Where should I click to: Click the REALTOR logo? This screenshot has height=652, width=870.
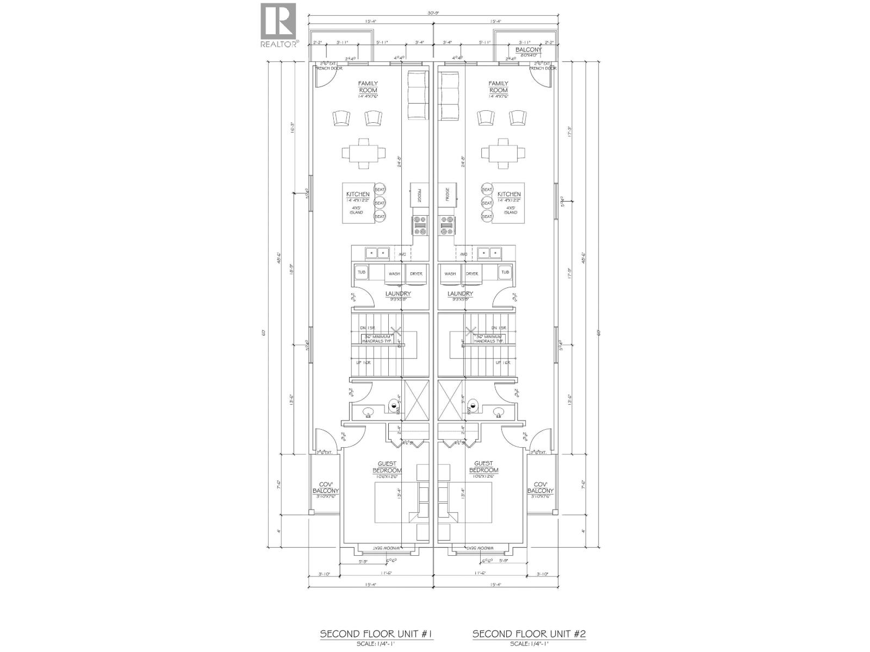click(279, 25)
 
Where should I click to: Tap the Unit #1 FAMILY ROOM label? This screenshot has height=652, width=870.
click(368, 87)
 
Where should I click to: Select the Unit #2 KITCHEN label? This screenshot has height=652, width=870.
click(509, 194)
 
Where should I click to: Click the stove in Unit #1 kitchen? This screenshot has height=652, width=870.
click(420, 225)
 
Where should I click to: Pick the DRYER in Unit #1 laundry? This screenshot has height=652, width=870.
click(416, 273)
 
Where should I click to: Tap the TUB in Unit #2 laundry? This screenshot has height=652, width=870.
click(505, 272)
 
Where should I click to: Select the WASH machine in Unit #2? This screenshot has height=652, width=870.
click(450, 273)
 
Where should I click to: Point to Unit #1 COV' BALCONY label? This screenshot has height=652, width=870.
click(326, 487)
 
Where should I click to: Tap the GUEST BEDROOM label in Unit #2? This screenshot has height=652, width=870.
click(483, 467)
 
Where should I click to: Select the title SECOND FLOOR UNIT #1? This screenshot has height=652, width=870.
click(376, 634)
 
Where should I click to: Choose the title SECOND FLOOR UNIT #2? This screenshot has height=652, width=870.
click(529, 634)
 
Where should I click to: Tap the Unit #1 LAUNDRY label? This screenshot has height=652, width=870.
click(398, 294)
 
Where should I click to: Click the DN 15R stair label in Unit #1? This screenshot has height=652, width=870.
click(368, 328)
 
